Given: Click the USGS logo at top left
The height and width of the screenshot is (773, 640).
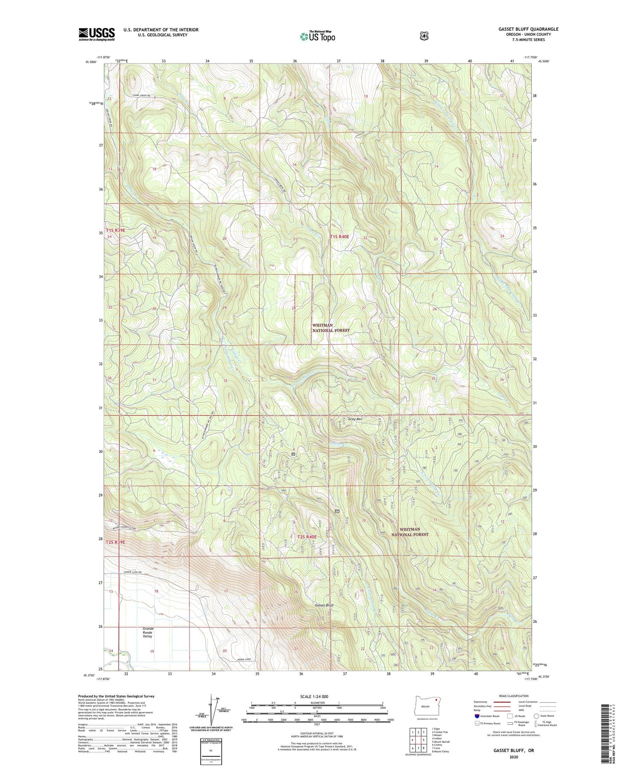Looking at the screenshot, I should click(96, 34).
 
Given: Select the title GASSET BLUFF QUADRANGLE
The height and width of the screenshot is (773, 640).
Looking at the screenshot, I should click(528, 29).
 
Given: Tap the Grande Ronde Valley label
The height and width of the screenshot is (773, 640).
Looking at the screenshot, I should click(147, 633).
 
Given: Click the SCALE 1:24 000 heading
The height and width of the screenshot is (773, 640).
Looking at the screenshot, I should click(317, 697).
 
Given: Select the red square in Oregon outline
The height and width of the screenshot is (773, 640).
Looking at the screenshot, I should click(436, 699).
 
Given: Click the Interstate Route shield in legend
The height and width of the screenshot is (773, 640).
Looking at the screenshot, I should click(477, 716).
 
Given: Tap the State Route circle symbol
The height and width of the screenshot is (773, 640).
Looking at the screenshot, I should click(536, 716).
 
